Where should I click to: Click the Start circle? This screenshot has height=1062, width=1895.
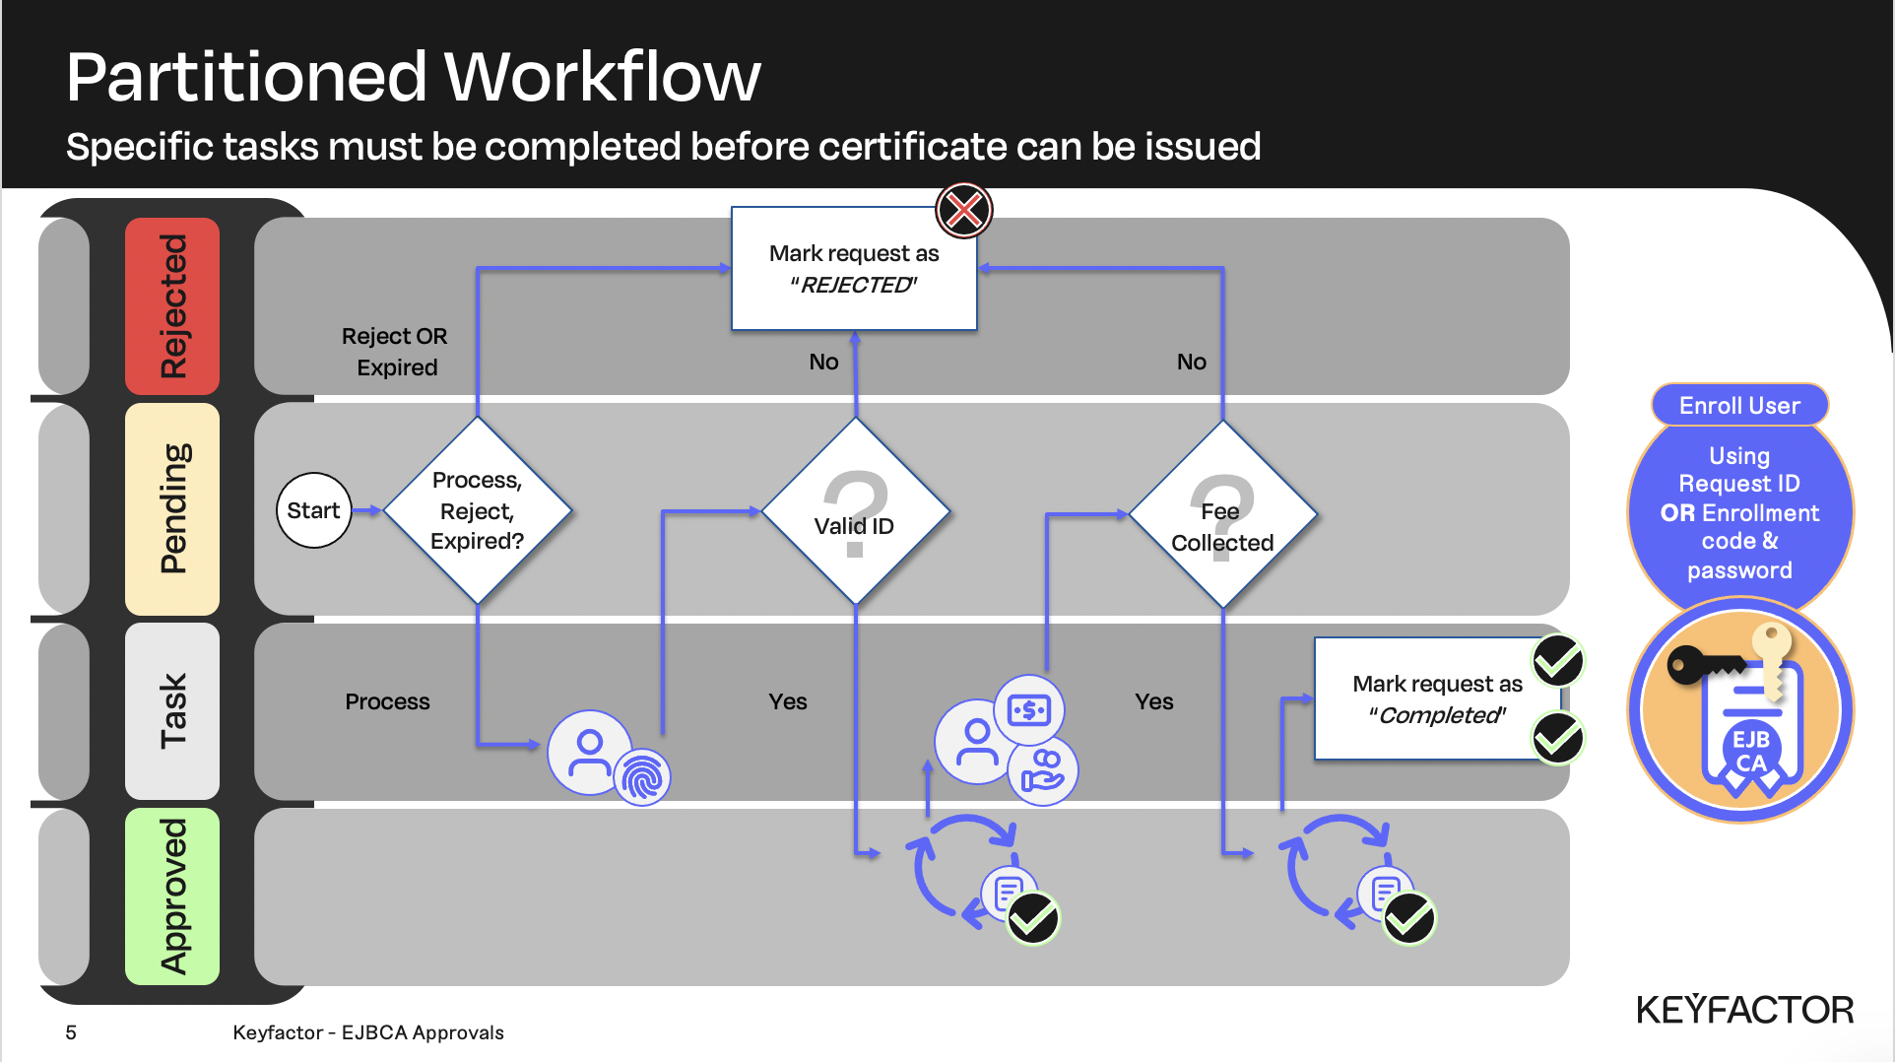point(313,510)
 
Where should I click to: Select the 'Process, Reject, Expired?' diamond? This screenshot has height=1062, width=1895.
point(478,510)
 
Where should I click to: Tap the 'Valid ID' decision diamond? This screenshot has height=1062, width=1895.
point(855,512)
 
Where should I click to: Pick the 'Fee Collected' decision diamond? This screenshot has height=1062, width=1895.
point(1222,514)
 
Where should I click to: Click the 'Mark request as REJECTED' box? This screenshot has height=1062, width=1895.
point(853,269)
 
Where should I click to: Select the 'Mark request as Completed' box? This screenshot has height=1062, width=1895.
point(1436,699)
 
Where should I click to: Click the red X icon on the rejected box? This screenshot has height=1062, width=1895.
point(963,210)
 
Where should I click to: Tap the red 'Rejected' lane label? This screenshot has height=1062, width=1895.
point(172,306)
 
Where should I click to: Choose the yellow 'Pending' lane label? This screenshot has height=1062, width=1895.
point(172,508)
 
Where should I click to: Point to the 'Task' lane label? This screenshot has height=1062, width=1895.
point(172,710)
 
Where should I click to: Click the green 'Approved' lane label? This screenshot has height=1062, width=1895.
point(172,896)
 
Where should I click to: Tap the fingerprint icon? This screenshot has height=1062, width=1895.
point(642,778)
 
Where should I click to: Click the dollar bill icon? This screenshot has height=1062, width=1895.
point(1029,709)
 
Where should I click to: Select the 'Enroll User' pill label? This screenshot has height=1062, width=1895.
point(1739,405)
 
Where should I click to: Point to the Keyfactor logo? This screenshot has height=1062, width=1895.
point(1744,1010)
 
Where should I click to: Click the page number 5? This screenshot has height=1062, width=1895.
point(71,1032)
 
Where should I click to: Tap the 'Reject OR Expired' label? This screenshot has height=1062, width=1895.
point(395,352)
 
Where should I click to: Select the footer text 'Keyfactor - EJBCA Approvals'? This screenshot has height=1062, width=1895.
point(368,1032)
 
